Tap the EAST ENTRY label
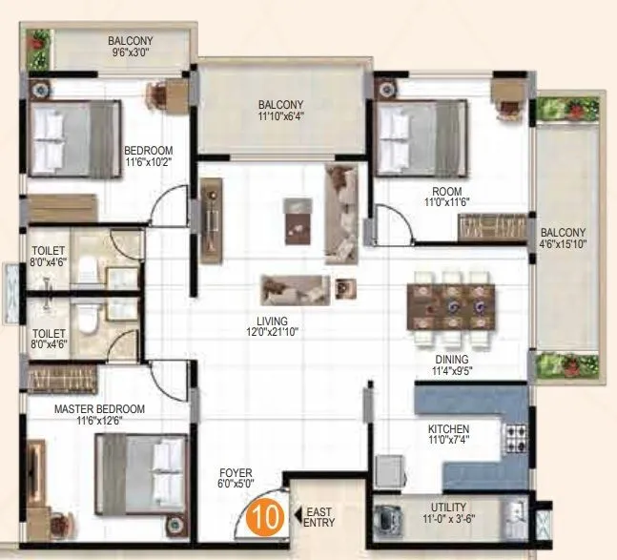pyautogui.click(x=319, y=517)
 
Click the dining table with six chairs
pyautogui.click(x=452, y=305)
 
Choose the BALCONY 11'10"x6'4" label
pyautogui.click(x=281, y=112)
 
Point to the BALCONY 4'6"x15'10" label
pyautogui.click(x=563, y=239)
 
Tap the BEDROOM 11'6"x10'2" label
pyautogui.click(x=149, y=156)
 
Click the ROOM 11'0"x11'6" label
pyautogui.click(x=448, y=197)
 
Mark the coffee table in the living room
pyautogui.click(x=298, y=218)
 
